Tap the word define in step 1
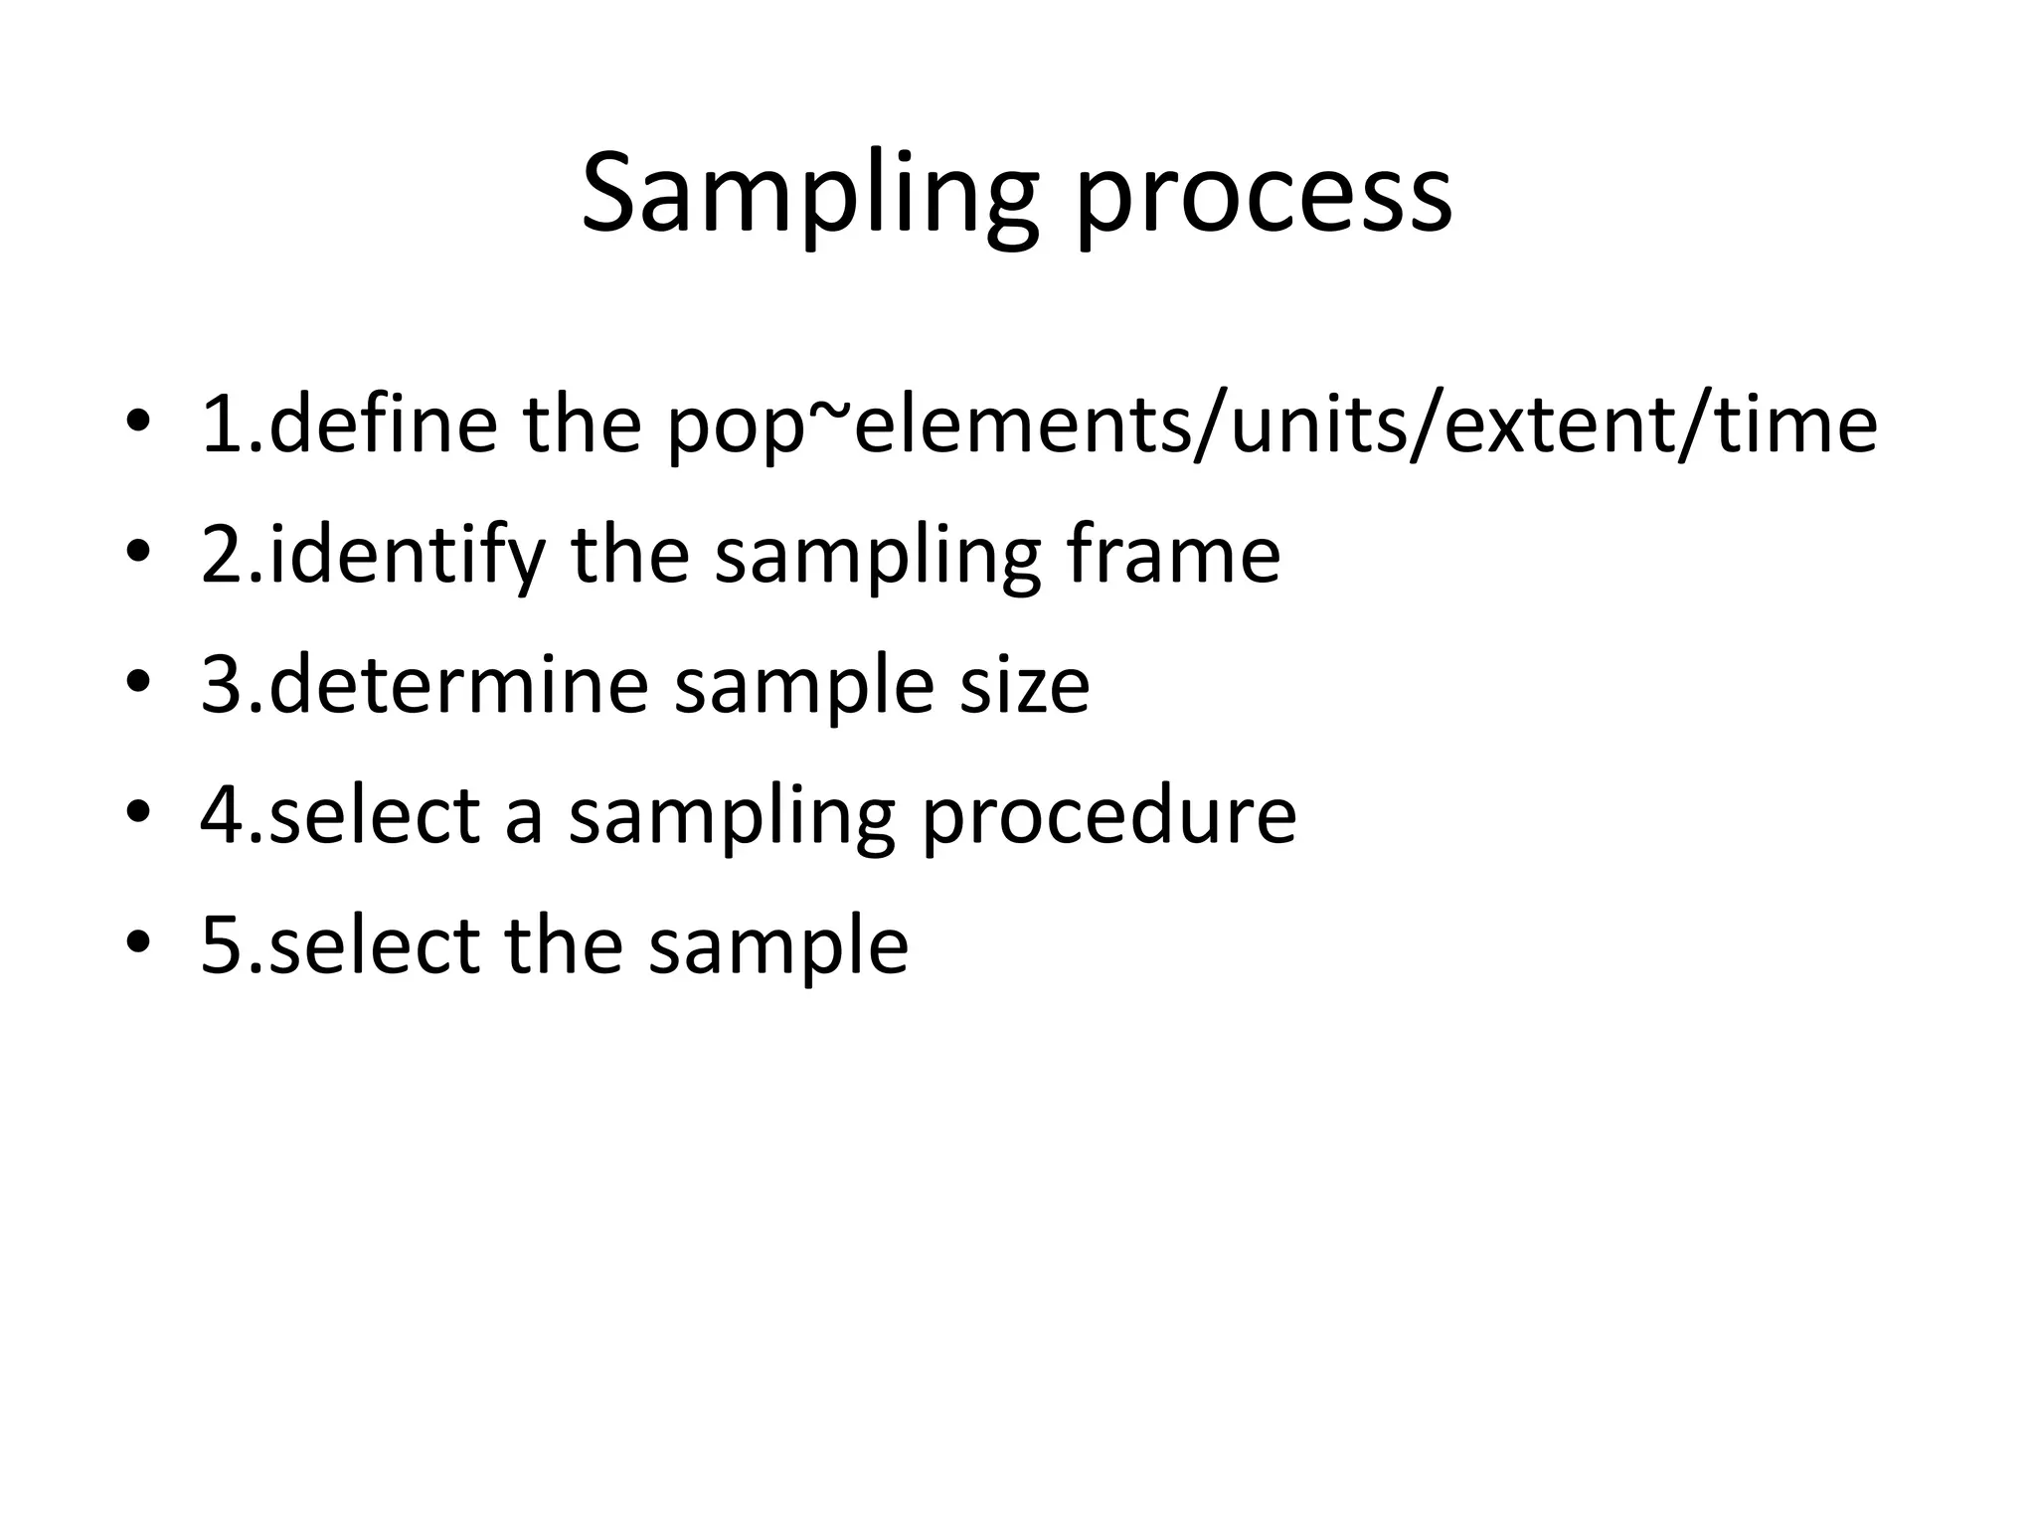[383, 424]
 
